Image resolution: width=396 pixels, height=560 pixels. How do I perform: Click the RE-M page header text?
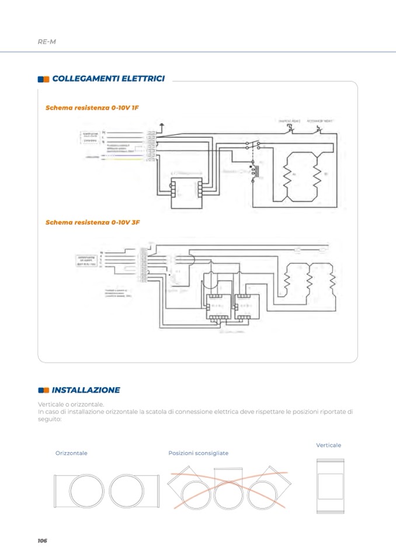46,41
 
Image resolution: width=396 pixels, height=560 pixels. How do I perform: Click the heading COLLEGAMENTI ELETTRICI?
108,78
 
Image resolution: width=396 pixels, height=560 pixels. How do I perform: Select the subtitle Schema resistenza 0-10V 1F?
92,108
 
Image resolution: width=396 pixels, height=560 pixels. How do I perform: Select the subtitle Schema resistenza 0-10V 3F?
92,222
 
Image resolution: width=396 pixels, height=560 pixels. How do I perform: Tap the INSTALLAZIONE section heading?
86,390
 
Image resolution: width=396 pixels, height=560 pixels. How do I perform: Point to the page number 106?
41,541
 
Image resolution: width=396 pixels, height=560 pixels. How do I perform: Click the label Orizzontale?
71,453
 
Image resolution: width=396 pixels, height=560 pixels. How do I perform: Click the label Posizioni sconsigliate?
198,453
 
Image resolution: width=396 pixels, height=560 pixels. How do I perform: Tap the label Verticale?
328,446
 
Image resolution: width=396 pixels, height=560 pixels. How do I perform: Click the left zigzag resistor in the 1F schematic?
287,175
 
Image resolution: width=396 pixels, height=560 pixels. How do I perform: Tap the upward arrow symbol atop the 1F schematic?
162,125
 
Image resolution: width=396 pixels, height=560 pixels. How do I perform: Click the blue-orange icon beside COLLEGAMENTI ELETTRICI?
43,79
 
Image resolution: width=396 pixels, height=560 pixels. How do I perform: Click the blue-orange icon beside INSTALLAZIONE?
43,390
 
